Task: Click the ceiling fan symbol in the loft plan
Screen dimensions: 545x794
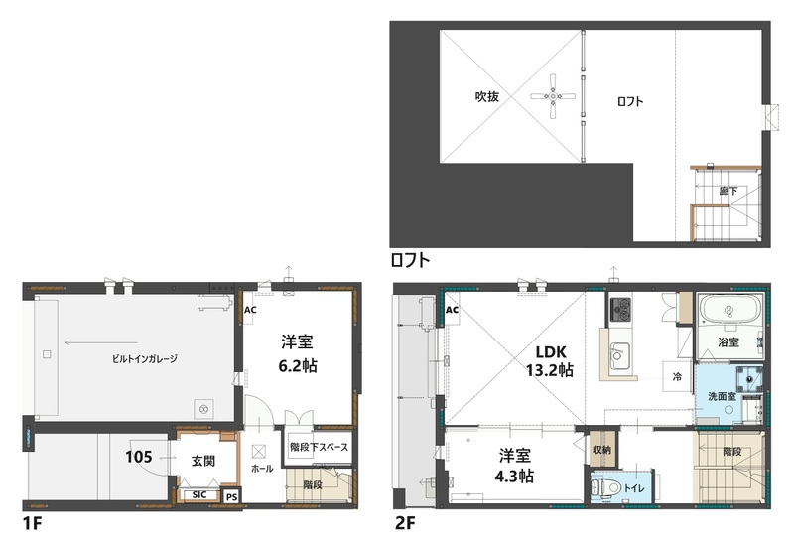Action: [553, 96]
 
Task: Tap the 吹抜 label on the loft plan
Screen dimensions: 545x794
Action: [486, 97]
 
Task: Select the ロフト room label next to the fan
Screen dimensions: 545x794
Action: [630, 101]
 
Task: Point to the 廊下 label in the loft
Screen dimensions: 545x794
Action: [727, 188]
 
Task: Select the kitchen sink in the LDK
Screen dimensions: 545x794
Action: [619, 353]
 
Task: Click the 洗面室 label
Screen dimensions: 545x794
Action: [721, 396]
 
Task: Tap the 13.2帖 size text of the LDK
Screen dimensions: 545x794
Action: [552, 370]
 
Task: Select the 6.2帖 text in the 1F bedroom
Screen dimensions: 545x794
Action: [299, 364]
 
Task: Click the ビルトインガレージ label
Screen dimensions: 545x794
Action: [145, 357]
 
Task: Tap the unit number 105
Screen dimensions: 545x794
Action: [140, 458]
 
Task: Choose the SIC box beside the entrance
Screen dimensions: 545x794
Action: [198, 494]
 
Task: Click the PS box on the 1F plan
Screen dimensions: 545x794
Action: [231, 495]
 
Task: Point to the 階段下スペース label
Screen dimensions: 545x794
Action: [318, 447]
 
